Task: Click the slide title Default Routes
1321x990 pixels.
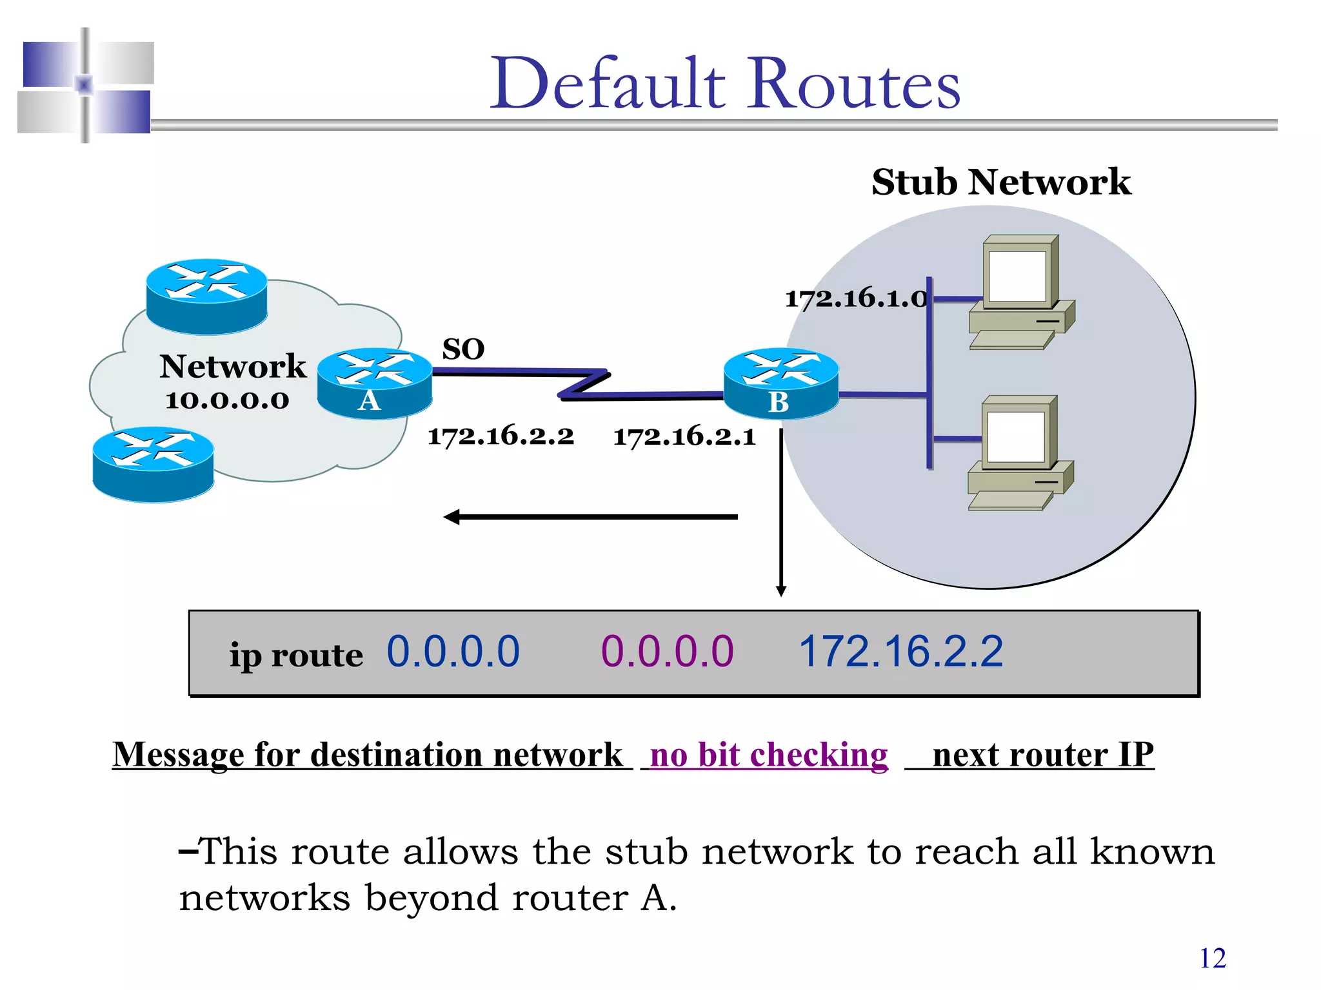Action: [725, 84]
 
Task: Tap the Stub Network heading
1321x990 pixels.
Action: [1000, 182]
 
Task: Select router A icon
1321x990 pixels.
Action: [374, 383]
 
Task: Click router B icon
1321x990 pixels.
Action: [780, 384]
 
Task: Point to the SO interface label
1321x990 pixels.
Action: [463, 349]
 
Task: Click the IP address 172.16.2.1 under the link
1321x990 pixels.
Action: [684, 437]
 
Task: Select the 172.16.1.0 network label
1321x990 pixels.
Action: [855, 298]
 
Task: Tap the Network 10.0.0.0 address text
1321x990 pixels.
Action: [227, 400]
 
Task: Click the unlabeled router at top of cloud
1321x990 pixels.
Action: [206, 296]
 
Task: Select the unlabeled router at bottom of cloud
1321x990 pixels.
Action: [153, 464]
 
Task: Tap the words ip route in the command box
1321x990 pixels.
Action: [296, 655]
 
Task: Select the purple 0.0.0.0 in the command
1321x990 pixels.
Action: [667, 651]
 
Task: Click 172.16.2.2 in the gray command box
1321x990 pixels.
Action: [900, 651]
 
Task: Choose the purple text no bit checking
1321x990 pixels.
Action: [768, 754]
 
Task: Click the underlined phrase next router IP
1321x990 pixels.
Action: [1042, 754]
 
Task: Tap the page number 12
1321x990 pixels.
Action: [1212, 958]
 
